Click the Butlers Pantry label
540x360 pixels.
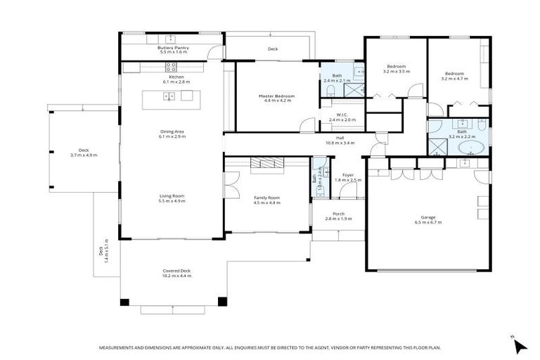(173, 47)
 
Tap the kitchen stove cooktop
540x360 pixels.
(171, 67)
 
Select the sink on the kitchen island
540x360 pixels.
(169, 96)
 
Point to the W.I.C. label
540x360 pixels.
(342, 115)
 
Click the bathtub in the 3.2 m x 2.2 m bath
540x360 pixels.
(470, 148)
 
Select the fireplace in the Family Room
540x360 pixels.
(266, 163)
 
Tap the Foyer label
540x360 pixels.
(347, 174)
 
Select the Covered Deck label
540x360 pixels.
(176, 271)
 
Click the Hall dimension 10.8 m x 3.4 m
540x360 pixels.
(340, 143)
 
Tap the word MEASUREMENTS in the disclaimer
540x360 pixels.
(119, 348)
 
